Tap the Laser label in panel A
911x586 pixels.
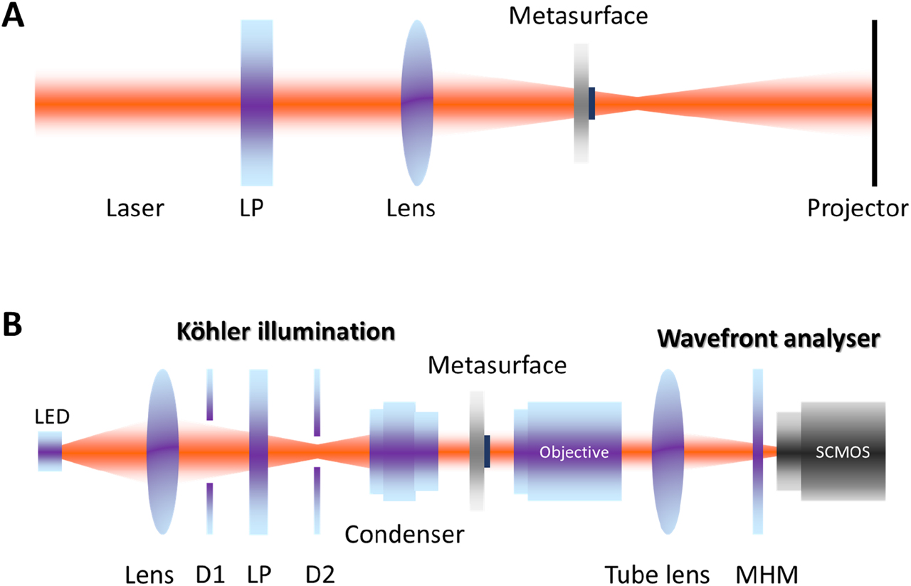coord(135,209)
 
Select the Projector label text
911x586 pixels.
coord(858,209)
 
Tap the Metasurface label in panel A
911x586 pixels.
coord(578,15)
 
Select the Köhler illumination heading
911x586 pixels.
coord(286,332)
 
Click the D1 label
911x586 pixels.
coord(210,573)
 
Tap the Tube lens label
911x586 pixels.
coord(656,573)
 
